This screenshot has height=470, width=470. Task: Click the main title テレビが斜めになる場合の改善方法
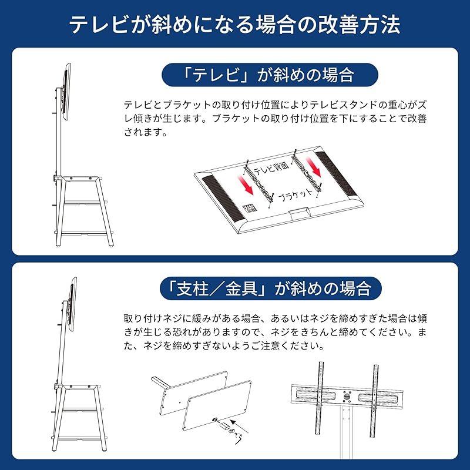tap(235, 25)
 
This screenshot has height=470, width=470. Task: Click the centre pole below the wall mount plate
tap(347, 438)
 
